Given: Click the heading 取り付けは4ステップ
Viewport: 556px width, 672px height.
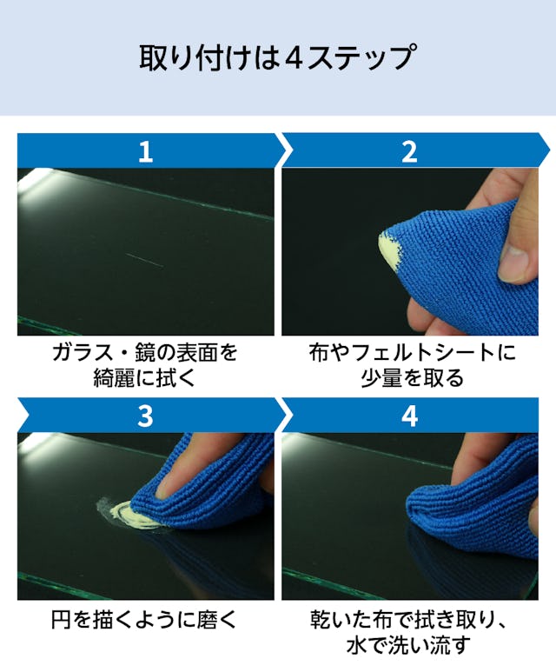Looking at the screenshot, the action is (x=277, y=57).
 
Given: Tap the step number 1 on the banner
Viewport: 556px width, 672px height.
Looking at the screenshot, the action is (x=146, y=152).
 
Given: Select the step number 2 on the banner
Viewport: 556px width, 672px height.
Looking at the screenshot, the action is (x=409, y=152).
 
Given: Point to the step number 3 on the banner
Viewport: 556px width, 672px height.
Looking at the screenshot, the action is (x=146, y=416).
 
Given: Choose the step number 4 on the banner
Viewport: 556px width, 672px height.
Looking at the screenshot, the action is (x=409, y=416).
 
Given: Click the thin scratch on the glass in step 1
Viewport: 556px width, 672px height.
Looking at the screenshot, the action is (x=145, y=260).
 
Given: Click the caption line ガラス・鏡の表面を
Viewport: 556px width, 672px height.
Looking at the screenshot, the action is (x=145, y=354).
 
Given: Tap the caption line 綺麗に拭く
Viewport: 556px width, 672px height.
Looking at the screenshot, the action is (x=145, y=378).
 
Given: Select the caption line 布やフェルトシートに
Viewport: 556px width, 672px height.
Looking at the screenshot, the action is (x=412, y=354).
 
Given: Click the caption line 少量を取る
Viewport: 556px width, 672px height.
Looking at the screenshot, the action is (x=412, y=378).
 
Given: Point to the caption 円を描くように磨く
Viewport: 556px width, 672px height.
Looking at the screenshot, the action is (x=144, y=620).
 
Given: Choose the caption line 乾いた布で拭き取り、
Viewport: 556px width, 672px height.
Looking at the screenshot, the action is (x=409, y=620).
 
